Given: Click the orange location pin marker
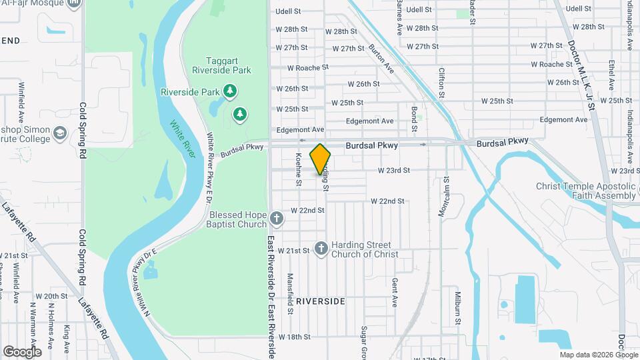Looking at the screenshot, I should pyautogui.click(x=321, y=159).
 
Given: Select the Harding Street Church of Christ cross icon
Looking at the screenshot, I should pyautogui.click(x=321, y=249).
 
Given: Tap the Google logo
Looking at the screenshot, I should pyautogui.click(x=22, y=351).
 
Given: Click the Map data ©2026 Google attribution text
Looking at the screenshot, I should pyautogui.click(x=598, y=355).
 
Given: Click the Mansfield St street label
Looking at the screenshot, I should pyautogui.click(x=290, y=293).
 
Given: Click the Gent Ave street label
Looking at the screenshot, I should pyautogui.click(x=395, y=292).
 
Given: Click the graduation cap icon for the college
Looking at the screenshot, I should pyautogui.click(x=60, y=134).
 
